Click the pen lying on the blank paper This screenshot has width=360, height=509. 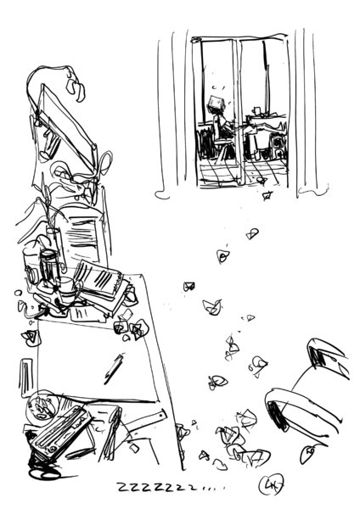click(x=114, y=369)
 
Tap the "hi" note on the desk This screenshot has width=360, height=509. click(x=79, y=313)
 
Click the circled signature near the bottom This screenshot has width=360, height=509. click(x=271, y=484)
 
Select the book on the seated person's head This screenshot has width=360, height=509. click(x=216, y=103)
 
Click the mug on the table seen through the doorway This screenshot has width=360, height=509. click(x=256, y=111)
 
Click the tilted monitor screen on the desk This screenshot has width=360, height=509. click(x=66, y=123)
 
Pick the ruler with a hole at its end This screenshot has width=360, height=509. click(x=143, y=422)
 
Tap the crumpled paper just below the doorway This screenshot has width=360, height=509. click(x=267, y=196)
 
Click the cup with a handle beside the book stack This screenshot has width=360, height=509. click(x=68, y=289)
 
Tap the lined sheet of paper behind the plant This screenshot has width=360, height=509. click(x=82, y=235)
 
